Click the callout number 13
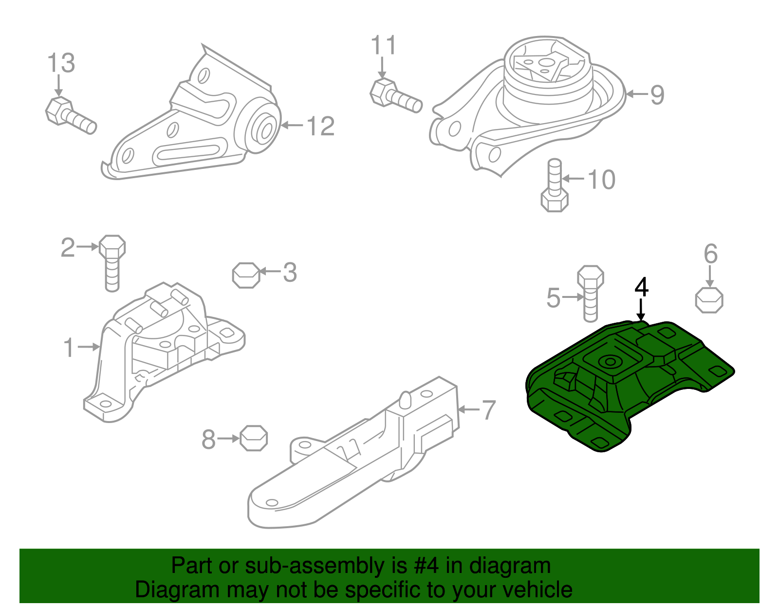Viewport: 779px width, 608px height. pyautogui.click(x=61, y=63)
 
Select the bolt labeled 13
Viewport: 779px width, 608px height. pyautogui.click(x=71, y=115)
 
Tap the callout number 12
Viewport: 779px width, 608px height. pyautogui.click(x=321, y=126)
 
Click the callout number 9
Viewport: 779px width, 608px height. pyautogui.click(x=657, y=95)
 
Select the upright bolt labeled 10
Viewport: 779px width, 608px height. pyautogui.click(x=555, y=185)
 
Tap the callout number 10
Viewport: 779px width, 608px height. pyautogui.click(x=602, y=179)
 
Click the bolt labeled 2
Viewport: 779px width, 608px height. pyautogui.click(x=112, y=263)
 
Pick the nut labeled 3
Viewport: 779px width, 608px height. pyautogui.click(x=246, y=275)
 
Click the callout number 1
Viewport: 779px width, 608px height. pyautogui.click(x=69, y=348)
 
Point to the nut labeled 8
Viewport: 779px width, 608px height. pyautogui.click(x=254, y=438)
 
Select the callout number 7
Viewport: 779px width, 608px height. pyautogui.click(x=489, y=410)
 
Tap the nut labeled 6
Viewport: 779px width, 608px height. pyautogui.click(x=709, y=300)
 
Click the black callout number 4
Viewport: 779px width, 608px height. pyautogui.click(x=641, y=287)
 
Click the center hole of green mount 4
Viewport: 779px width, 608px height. pyautogui.click(x=610, y=362)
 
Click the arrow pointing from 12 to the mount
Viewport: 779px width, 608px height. pyautogui.click(x=292, y=125)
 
